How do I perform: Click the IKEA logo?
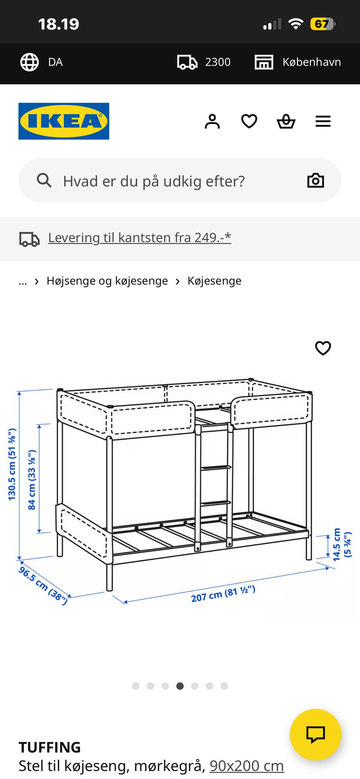point(64,121)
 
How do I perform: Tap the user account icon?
point(212,121)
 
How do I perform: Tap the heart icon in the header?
point(249,121)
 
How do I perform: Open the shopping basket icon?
point(286,121)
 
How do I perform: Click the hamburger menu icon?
point(323,121)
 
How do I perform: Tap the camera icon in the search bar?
point(315,181)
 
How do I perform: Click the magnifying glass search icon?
point(44,180)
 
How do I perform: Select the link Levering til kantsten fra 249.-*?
point(139,238)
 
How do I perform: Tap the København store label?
point(311,62)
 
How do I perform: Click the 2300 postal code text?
point(217,62)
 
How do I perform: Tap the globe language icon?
point(29,62)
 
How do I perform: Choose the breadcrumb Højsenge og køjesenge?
point(107,281)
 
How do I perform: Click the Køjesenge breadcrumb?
point(214,281)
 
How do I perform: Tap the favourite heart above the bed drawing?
point(323,348)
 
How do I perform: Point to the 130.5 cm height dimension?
point(12,464)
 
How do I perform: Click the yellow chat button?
point(315,734)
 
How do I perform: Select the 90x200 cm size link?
point(247,766)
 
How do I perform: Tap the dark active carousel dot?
point(180,686)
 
